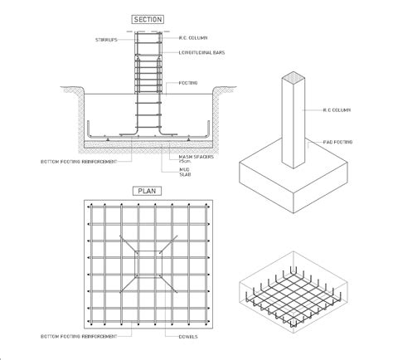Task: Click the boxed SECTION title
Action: click(x=147, y=19)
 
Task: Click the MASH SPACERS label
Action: click(x=194, y=155)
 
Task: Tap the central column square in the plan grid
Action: click(x=146, y=263)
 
